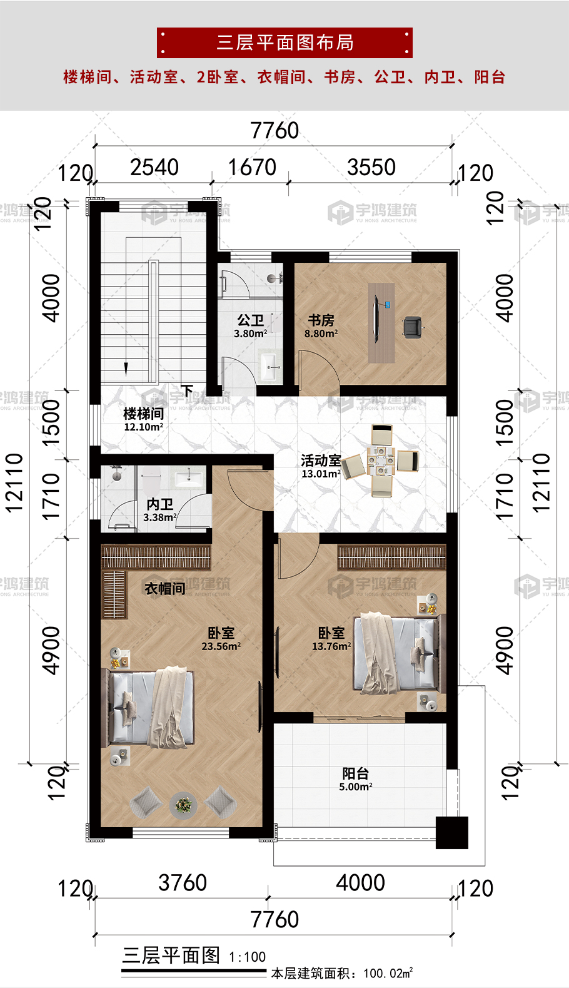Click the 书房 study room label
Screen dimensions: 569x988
pos(321,320)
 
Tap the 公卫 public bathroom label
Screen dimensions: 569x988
pos(250,320)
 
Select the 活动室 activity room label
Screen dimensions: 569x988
pos(321,461)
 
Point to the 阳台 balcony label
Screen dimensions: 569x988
pos(355,773)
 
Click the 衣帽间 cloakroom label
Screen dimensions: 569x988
pos(165,588)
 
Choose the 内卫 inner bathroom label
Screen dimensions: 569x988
pos(159,504)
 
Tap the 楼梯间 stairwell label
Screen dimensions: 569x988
pos(144,414)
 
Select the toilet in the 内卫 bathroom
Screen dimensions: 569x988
pos(151,484)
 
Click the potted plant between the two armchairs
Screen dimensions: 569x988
pos(183,805)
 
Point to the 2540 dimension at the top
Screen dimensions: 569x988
pos(154,168)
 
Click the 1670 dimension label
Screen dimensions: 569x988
pos(252,168)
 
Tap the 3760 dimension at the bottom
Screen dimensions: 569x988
pos(183,883)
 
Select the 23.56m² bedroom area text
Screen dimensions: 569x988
pos(221,646)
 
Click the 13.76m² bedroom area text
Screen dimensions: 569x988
pos(331,646)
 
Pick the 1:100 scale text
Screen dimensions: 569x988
pos(247,957)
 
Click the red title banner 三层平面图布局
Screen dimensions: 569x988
pos(284,43)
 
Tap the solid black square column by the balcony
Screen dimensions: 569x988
pos(452,833)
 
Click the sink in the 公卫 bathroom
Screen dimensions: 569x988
pos(269,365)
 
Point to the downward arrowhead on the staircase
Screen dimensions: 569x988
pos(126,370)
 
